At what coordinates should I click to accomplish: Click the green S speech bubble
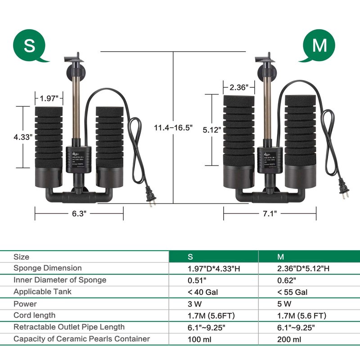pyautogui.click(x=30, y=46)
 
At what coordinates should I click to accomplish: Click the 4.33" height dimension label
pyautogui.click(x=22, y=136)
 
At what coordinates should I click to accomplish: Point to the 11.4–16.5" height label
pyautogui.click(x=173, y=128)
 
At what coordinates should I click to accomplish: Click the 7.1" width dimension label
pyautogui.click(x=270, y=214)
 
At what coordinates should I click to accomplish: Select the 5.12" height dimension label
pyautogui.click(x=211, y=130)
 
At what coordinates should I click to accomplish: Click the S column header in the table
pyautogui.click(x=190, y=257)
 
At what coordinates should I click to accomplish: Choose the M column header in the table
pyautogui.click(x=281, y=257)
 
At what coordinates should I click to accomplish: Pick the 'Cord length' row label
pyautogui.click(x=34, y=315)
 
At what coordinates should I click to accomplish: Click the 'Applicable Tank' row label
pyautogui.click(x=42, y=292)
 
